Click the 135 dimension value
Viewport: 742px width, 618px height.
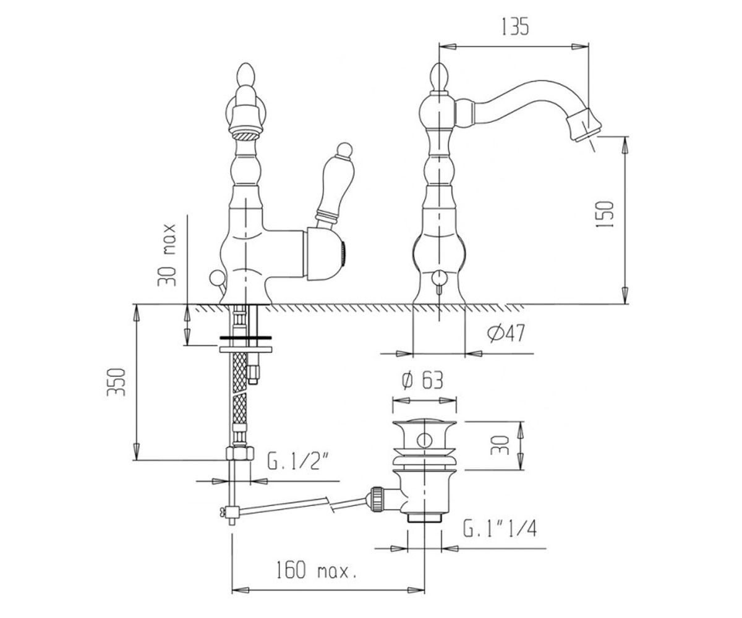click(x=515, y=27)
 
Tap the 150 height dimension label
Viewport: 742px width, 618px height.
click(x=605, y=215)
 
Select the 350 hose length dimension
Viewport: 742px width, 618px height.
click(x=116, y=382)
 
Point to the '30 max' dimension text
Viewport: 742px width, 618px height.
click(x=167, y=255)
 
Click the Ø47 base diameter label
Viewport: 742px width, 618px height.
click(x=506, y=334)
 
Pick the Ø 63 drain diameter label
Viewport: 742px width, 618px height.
click(x=422, y=381)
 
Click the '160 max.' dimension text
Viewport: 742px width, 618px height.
click(x=316, y=579)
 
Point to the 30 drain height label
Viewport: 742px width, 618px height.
click(x=500, y=445)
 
